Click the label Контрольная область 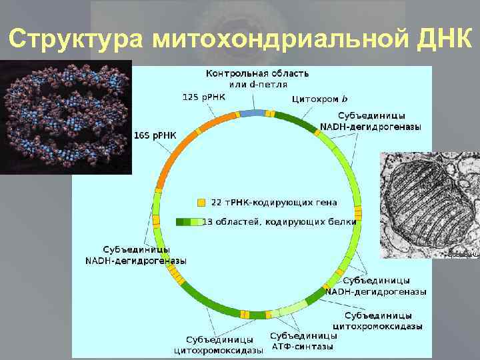257,73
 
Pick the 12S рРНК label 204,97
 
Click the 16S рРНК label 155,135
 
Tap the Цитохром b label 319,99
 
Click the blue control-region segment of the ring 252,113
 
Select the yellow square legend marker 201,202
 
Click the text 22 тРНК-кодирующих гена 274,202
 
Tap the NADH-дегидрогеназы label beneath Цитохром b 370,127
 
